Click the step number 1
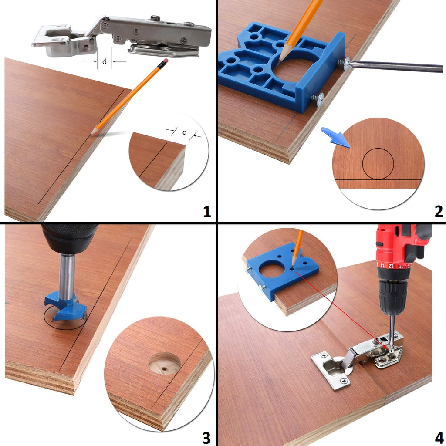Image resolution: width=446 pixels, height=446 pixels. [x=207, y=211]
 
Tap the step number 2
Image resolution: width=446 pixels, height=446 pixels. [x=439, y=211]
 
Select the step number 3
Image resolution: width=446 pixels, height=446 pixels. [x=206, y=438]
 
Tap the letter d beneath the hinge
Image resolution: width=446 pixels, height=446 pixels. [x=105, y=61]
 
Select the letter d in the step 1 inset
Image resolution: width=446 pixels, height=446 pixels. [x=185, y=132]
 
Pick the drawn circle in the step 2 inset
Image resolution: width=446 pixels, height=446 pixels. [x=378, y=148]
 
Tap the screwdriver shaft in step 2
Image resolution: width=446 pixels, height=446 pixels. [x=395, y=66]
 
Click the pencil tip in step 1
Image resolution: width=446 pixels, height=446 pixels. [x=91, y=134]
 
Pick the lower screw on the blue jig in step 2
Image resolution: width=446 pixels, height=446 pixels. [x=318, y=99]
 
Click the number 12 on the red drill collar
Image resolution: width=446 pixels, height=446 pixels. [x=391, y=266]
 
